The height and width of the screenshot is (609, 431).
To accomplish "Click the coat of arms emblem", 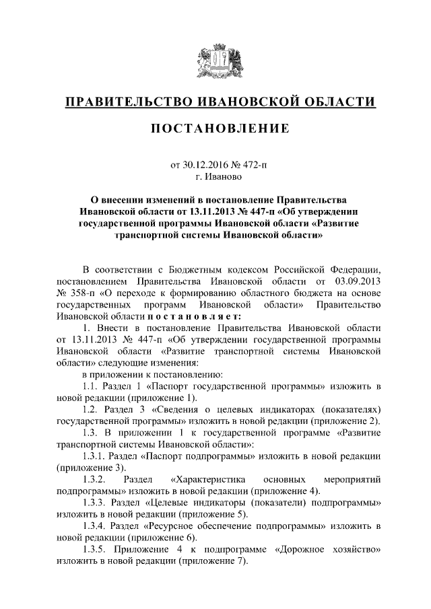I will tap(215, 61).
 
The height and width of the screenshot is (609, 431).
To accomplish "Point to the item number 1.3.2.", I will tap(94, 480).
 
